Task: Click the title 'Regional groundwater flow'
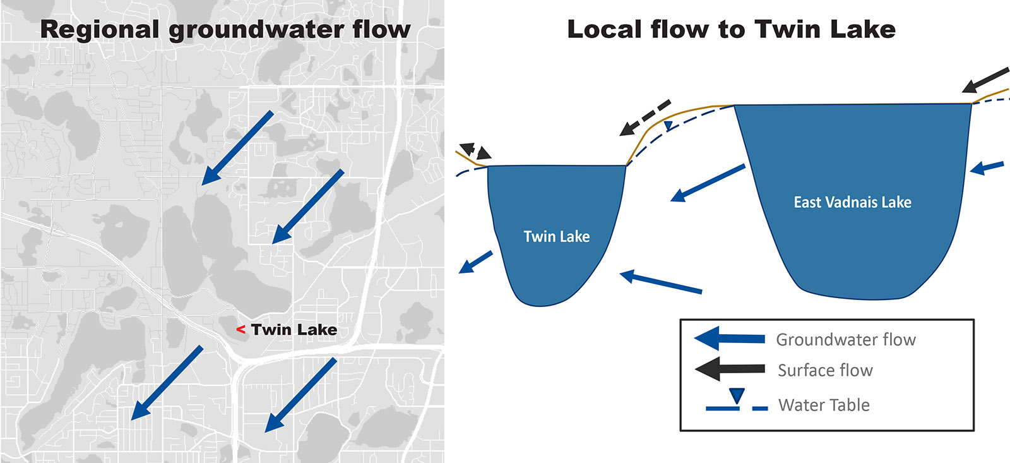pyautogui.click(x=225, y=30)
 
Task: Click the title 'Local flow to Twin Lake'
pyautogui.click(x=731, y=30)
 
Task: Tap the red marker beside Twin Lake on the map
pyautogui.click(x=241, y=330)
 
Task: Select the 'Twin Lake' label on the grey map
pyautogui.click(x=294, y=330)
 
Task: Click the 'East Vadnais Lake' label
pyautogui.click(x=852, y=202)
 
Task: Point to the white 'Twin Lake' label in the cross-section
pyautogui.click(x=557, y=236)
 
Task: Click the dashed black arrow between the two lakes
pyautogui.click(x=645, y=117)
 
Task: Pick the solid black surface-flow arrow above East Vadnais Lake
pyautogui.click(x=987, y=80)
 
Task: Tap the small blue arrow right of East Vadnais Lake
pyautogui.click(x=987, y=167)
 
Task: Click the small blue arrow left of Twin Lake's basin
pyautogui.click(x=475, y=262)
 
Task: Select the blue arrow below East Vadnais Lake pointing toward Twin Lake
pyautogui.click(x=661, y=282)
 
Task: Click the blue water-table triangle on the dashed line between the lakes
pyautogui.click(x=668, y=126)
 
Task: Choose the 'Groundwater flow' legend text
pyautogui.click(x=846, y=340)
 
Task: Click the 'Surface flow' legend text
pyautogui.click(x=825, y=370)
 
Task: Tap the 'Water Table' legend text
pyautogui.click(x=824, y=405)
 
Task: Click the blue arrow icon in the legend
pyautogui.click(x=730, y=339)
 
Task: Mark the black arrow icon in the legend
pyautogui.click(x=730, y=369)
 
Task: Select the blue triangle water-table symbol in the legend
pyautogui.click(x=737, y=397)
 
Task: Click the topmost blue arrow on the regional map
pyautogui.click(x=237, y=148)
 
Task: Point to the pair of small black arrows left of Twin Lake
pyautogui.click(x=475, y=152)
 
